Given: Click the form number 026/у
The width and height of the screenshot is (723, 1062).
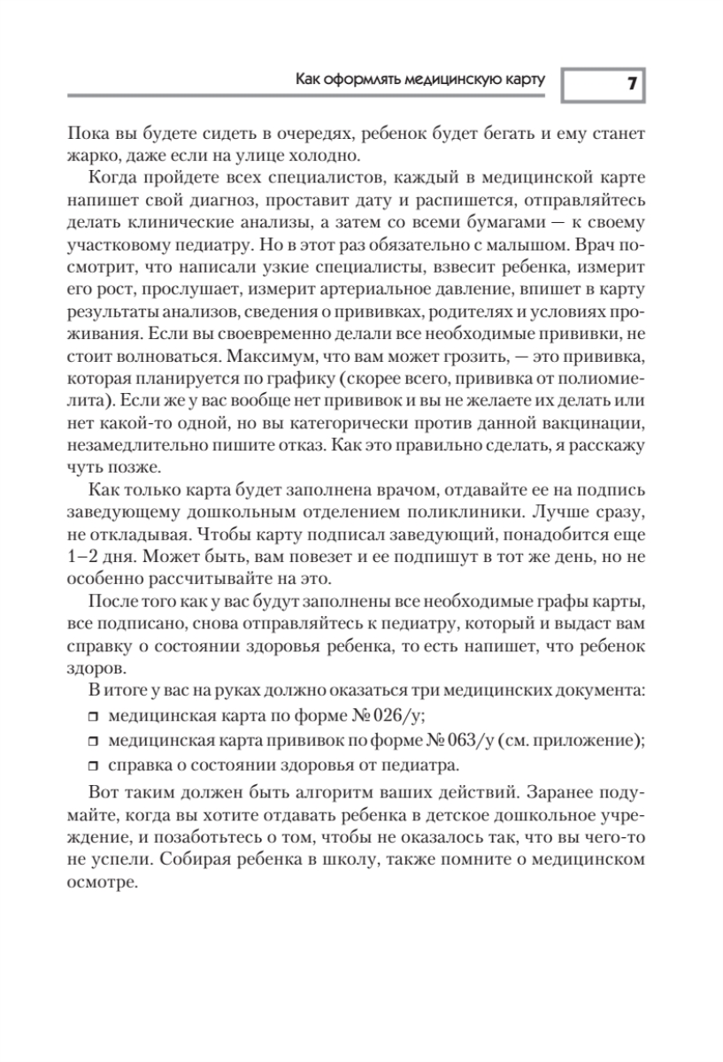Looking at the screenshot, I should coord(411,717).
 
